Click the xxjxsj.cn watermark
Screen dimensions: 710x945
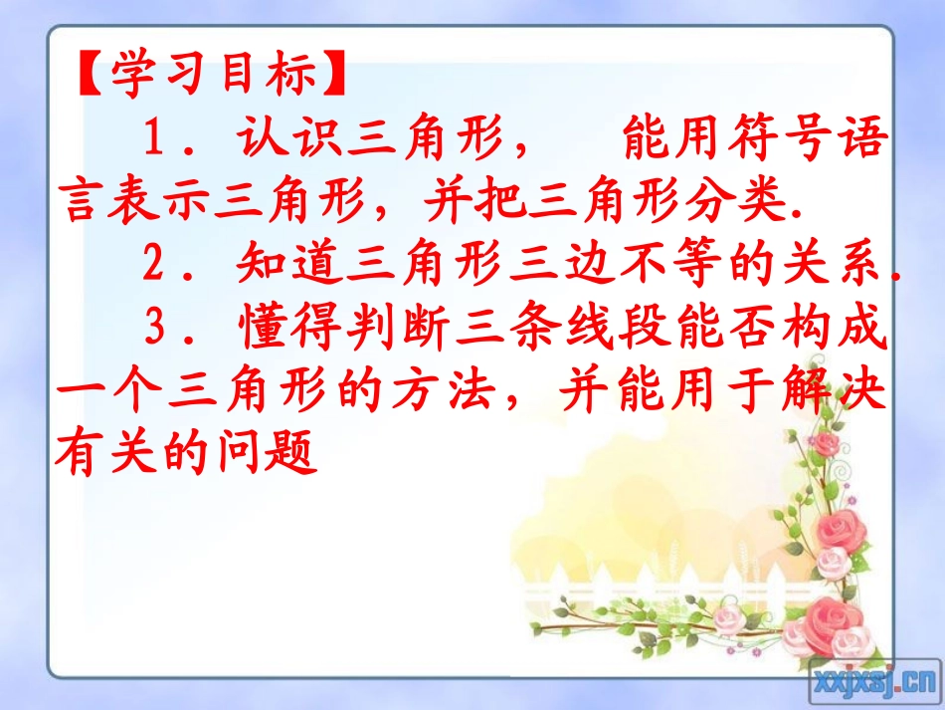tap(874, 680)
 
